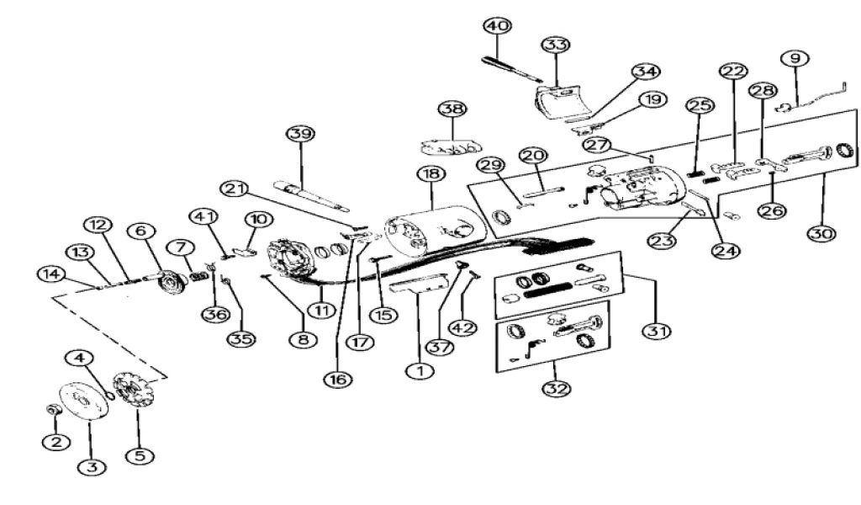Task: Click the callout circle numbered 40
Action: click(497, 26)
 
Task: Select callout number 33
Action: click(555, 44)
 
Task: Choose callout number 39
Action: click(298, 134)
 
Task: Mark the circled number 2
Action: click(56, 441)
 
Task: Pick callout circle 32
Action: click(556, 390)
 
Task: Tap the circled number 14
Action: click(50, 273)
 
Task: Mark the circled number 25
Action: click(700, 106)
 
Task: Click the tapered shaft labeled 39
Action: click(310, 193)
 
